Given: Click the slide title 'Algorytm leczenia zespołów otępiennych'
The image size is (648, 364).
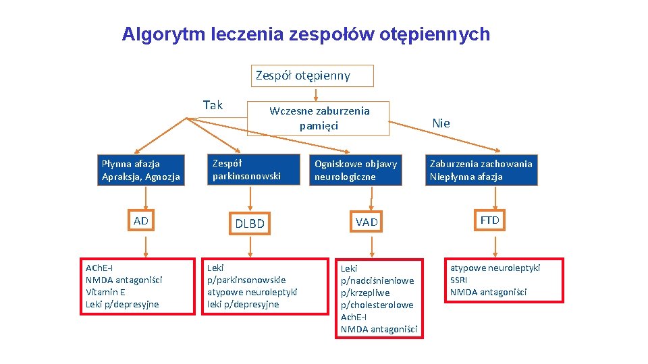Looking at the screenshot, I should pyautogui.click(x=306, y=34).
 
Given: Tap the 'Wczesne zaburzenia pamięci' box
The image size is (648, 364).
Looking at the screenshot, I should pyautogui.click(x=319, y=118).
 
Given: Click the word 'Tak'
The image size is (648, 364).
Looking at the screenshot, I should pyautogui.click(x=213, y=105).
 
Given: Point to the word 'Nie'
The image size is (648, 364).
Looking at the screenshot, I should pyautogui.click(x=441, y=123).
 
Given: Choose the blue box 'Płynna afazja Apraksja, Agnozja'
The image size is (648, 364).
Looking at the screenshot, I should pyautogui.click(x=140, y=170).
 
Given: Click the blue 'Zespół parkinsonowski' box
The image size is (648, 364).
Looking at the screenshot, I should pyautogui.click(x=252, y=169).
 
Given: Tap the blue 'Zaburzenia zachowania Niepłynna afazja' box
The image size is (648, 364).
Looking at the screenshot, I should pyautogui.click(x=481, y=170).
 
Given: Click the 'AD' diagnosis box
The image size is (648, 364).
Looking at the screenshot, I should pyautogui.click(x=141, y=221).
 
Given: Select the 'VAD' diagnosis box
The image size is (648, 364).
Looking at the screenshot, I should pyautogui.click(x=367, y=222).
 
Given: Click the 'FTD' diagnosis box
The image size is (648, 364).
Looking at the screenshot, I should pyautogui.click(x=489, y=220).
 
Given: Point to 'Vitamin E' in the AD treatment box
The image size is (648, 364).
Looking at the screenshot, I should pyautogui.click(x=105, y=292).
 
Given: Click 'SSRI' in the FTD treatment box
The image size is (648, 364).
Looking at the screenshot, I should pyautogui.click(x=458, y=280).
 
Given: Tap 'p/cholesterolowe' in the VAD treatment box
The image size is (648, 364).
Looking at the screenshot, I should pyautogui.click(x=377, y=305).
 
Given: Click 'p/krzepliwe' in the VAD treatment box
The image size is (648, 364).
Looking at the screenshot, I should pyautogui.click(x=365, y=293).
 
